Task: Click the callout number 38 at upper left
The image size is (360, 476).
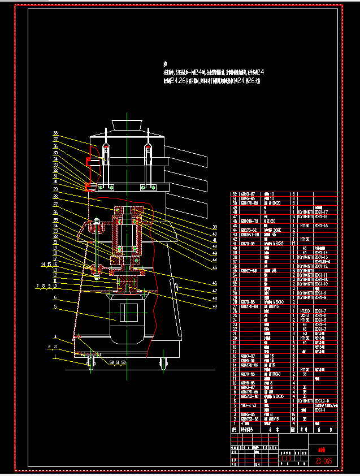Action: [56, 133]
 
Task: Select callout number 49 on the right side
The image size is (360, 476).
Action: [214, 306]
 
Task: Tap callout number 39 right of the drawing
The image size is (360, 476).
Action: [214, 227]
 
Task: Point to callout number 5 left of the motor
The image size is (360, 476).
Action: [55, 307]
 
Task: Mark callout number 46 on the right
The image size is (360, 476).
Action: [214, 283]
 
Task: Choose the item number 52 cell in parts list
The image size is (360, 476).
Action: [236, 194]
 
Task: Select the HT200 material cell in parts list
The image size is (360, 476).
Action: [305, 311]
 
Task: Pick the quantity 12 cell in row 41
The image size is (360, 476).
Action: [293, 243]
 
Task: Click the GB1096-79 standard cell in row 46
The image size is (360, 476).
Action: [249, 220]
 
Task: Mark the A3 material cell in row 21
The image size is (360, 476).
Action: [305, 334]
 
